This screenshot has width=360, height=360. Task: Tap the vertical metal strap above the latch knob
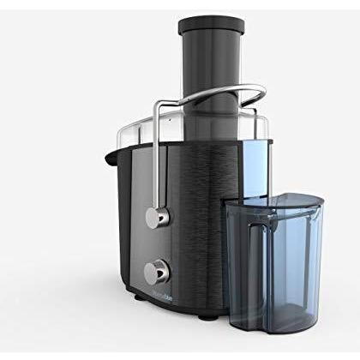pyautogui.click(x=158, y=163)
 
